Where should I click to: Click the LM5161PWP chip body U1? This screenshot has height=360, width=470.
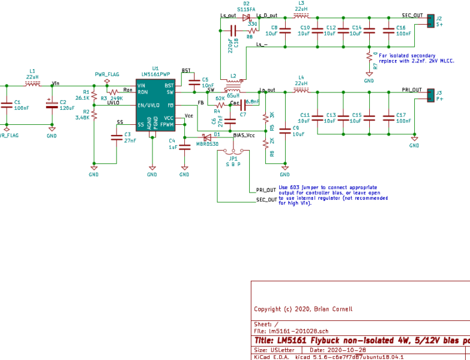coord(155,105)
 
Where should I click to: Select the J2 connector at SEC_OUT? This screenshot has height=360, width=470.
coord(430,22)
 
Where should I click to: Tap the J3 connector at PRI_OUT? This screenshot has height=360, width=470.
coord(430,96)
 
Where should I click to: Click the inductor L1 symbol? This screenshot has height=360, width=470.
coord(32,83)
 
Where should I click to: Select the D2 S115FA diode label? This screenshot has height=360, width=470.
coord(246,7)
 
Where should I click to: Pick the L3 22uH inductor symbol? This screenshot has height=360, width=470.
coord(301,16)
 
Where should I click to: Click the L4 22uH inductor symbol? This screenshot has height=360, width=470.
coord(301,91)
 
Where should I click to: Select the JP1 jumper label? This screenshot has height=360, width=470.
coord(233,158)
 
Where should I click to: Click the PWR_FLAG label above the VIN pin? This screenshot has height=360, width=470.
coord(107,74)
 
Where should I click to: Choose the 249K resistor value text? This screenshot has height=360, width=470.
coord(116,98)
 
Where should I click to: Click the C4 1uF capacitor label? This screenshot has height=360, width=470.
coord(172,143)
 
